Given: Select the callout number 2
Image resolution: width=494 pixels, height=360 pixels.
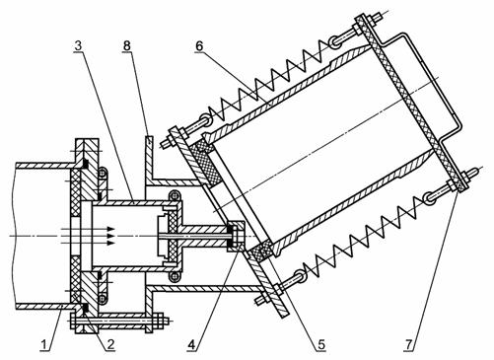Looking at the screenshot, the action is click(x=109, y=345).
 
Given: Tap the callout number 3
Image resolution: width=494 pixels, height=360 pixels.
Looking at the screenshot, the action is click(x=78, y=45).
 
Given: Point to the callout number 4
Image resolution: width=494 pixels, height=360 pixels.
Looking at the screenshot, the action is click(x=192, y=345).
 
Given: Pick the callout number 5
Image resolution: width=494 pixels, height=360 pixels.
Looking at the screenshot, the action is click(x=320, y=345).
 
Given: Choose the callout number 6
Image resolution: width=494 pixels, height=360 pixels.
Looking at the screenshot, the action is click(x=199, y=46).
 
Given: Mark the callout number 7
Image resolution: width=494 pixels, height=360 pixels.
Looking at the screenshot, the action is click(x=408, y=345).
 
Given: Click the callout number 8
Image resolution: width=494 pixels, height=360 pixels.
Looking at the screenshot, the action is click(x=127, y=46).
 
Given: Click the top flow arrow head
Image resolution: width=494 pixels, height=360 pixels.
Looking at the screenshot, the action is click(x=111, y=229).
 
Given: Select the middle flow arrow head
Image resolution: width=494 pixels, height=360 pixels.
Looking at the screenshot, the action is click(x=111, y=236).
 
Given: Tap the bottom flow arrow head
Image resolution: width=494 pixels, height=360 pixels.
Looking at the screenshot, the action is click(x=111, y=243).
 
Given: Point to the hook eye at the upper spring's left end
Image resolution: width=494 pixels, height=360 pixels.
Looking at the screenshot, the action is click(x=207, y=119).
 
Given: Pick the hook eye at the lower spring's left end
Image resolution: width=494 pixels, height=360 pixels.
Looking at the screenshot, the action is click(x=300, y=276).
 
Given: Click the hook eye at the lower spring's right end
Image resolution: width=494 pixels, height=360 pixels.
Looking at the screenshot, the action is click(x=429, y=197).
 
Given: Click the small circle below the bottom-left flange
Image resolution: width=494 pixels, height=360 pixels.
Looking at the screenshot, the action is click(x=103, y=298).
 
